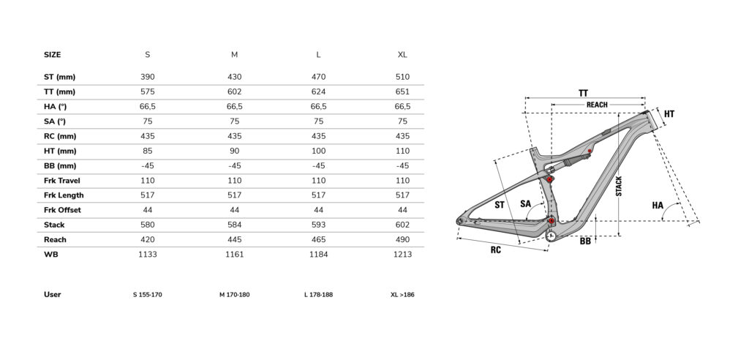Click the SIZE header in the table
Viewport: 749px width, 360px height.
52,54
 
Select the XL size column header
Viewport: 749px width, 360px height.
402,54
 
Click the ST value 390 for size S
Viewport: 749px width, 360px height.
148,77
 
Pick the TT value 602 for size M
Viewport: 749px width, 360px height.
234,91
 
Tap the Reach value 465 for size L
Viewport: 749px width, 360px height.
319,239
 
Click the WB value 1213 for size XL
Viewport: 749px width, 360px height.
403,255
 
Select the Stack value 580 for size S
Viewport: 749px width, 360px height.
148,225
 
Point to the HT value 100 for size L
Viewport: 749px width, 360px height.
319,151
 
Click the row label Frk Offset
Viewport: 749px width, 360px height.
62,210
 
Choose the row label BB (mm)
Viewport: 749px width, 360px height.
60,166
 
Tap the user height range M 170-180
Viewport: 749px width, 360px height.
235,294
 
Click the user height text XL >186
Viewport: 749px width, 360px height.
402,294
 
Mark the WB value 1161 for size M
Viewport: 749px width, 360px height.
234,255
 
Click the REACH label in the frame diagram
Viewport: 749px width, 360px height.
597,105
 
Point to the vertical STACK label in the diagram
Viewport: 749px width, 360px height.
619,186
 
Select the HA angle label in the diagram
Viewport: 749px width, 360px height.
658,206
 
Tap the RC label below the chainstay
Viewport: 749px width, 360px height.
496,250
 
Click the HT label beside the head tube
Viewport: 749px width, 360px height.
669,114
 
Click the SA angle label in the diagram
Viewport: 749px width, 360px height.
525,204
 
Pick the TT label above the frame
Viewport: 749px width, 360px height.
583,93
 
